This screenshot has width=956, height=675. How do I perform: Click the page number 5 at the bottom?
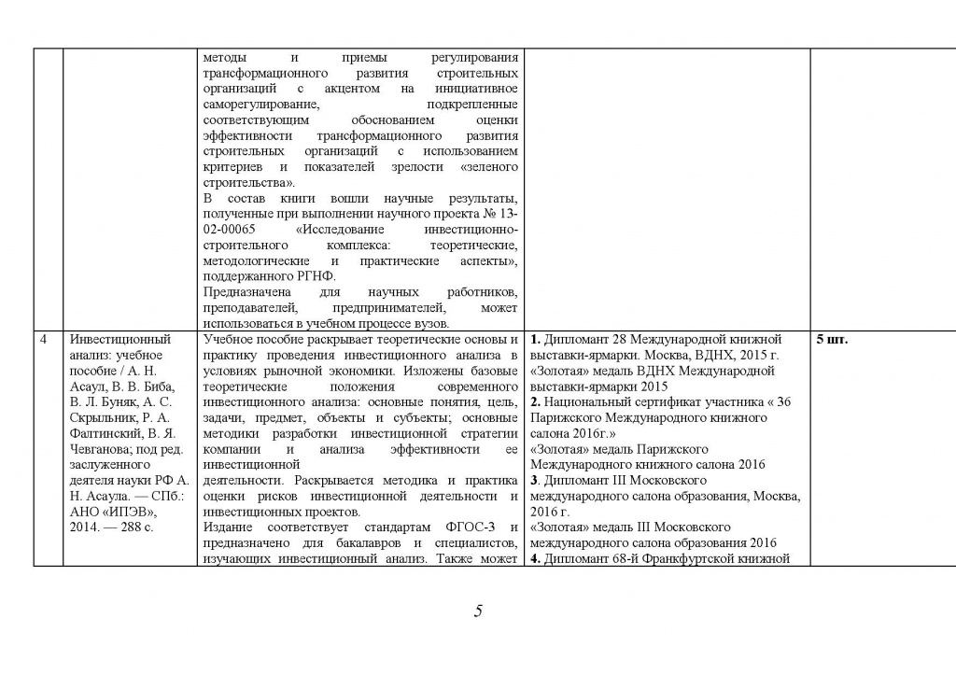point(478,612)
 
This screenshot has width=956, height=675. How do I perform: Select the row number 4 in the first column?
point(43,340)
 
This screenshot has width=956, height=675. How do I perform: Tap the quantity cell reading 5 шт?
point(832,340)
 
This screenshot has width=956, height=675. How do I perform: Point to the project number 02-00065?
point(241,229)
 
